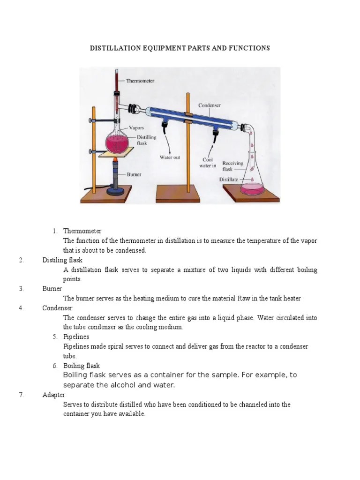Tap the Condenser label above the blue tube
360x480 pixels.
pos(210,105)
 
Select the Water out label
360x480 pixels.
pos(170,157)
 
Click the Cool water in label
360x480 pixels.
pos(209,162)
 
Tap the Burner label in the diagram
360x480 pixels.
pos(135,174)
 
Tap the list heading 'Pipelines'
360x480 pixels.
pos(76,337)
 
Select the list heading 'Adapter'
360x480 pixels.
pos(53,395)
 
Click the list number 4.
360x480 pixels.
pos(22,308)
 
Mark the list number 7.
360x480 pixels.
pos(22,395)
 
